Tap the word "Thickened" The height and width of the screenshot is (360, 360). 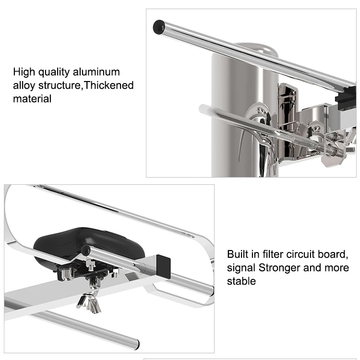click(x=111, y=85)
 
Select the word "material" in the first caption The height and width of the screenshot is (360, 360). click(x=32, y=98)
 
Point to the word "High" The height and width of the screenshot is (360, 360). click(x=24, y=72)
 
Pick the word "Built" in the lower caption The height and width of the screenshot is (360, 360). click(x=239, y=254)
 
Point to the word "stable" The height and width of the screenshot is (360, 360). click(x=241, y=281)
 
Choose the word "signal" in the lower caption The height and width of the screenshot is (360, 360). click(x=241, y=267)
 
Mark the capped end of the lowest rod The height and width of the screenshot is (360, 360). click(x=136, y=343)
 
